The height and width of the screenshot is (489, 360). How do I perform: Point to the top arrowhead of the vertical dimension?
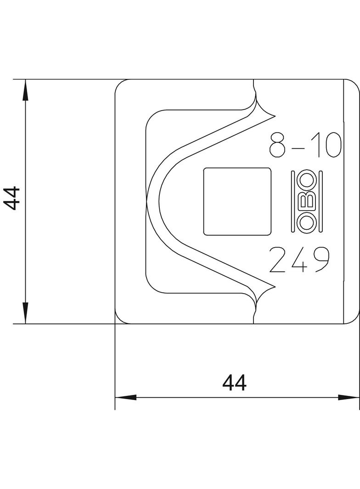pos(26,89)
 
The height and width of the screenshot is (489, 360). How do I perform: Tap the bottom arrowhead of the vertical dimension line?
pos(26,314)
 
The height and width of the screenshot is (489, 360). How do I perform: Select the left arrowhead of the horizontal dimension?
pos(125,397)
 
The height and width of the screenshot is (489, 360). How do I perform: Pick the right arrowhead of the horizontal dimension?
pos(349,397)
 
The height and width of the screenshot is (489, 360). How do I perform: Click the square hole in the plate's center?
pos(237,201)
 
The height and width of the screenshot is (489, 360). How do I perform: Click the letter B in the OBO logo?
pos(307,201)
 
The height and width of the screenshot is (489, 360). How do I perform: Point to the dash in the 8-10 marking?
pos(299,148)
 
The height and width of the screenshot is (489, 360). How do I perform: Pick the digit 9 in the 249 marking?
pos(319,260)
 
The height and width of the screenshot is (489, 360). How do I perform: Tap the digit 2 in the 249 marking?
pos(279,260)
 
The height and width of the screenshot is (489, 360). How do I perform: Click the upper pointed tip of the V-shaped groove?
pos(274,114)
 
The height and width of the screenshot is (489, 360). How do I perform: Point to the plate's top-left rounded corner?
pos(119,84)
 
